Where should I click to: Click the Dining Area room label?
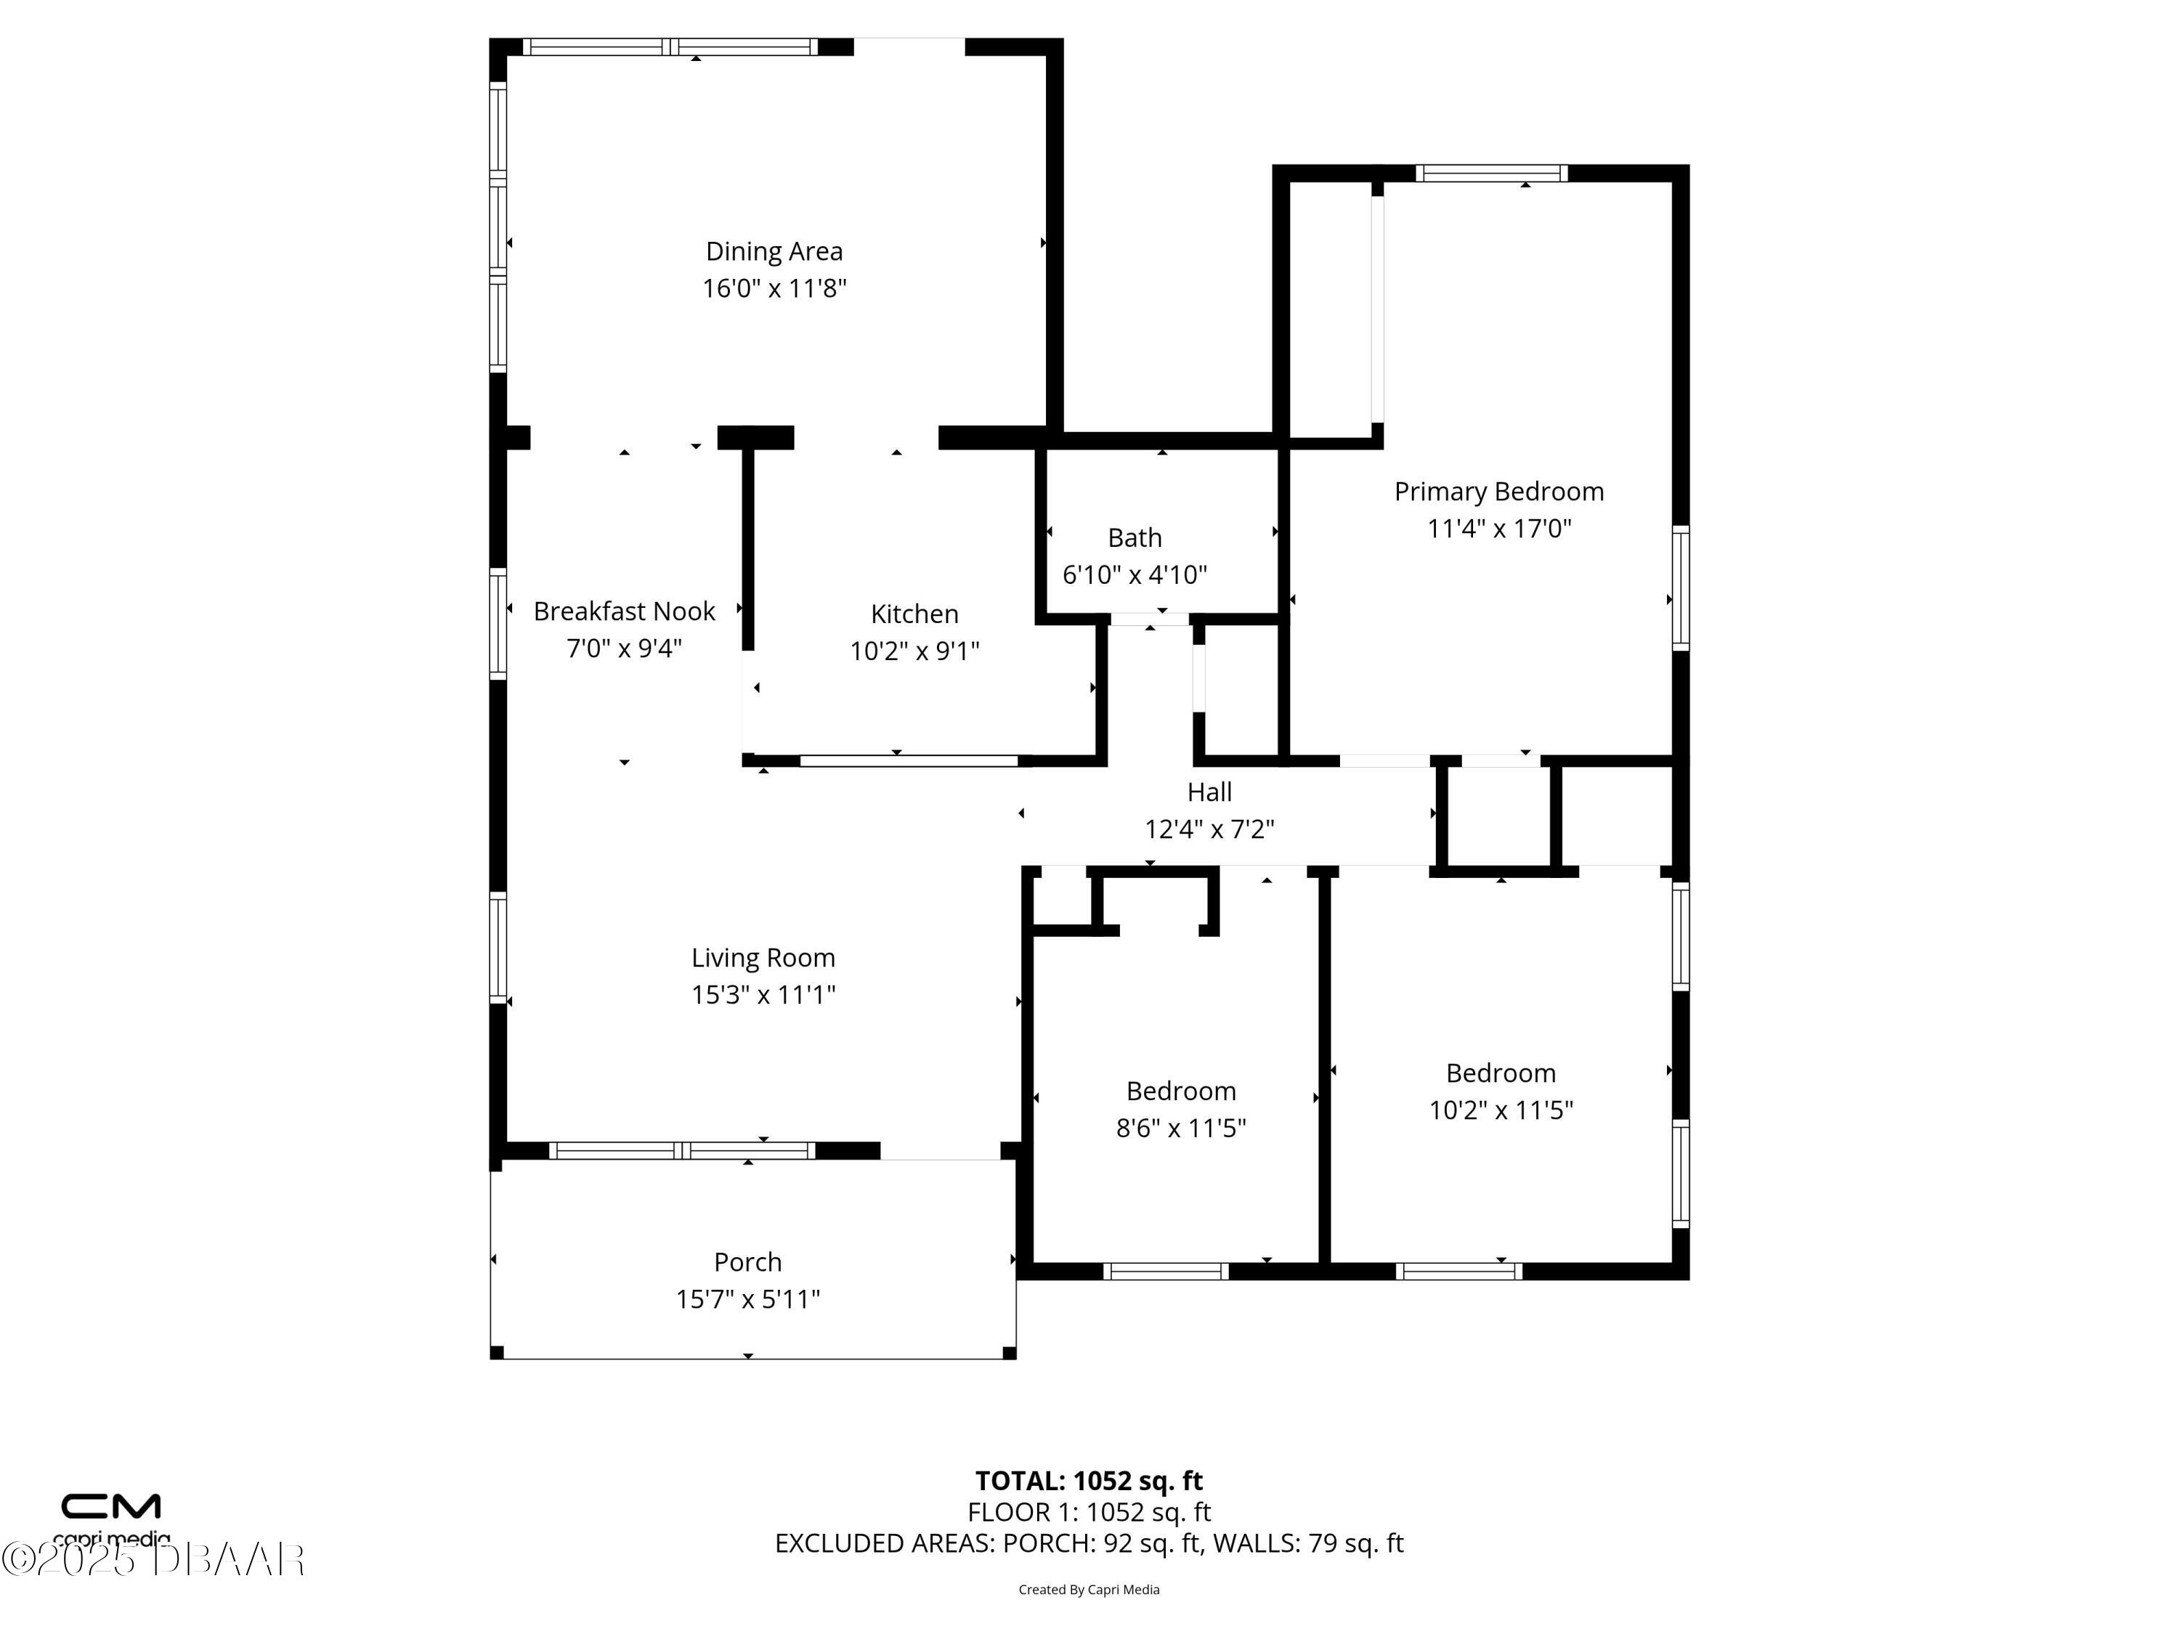pyautogui.click(x=774, y=252)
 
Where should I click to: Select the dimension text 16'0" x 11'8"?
pyautogui.click(x=774, y=288)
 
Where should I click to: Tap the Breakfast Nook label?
pyautogui.click(x=625, y=611)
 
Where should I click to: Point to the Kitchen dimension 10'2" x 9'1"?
pyautogui.click(x=915, y=651)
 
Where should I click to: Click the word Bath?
pyautogui.click(x=1135, y=538)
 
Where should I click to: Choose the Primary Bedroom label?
pyautogui.click(x=1499, y=492)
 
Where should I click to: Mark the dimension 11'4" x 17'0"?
pyautogui.click(x=1499, y=529)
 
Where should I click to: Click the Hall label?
pyautogui.click(x=1209, y=792)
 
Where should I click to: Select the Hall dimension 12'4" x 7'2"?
pyautogui.click(x=1209, y=829)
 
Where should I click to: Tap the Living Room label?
pyautogui.click(x=763, y=959)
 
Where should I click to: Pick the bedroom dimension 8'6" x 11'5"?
pyautogui.click(x=1181, y=1128)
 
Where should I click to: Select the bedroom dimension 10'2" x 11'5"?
pyautogui.click(x=1501, y=1110)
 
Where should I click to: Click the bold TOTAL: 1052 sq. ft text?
pyautogui.click(x=1089, y=1480)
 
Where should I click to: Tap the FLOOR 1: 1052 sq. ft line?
pyautogui.click(x=1089, y=1512)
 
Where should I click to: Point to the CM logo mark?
pyautogui.click(x=111, y=1506)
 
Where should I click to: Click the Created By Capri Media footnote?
pyautogui.click(x=1089, y=1590)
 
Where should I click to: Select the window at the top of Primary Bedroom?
pyautogui.click(x=1491, y=174)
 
